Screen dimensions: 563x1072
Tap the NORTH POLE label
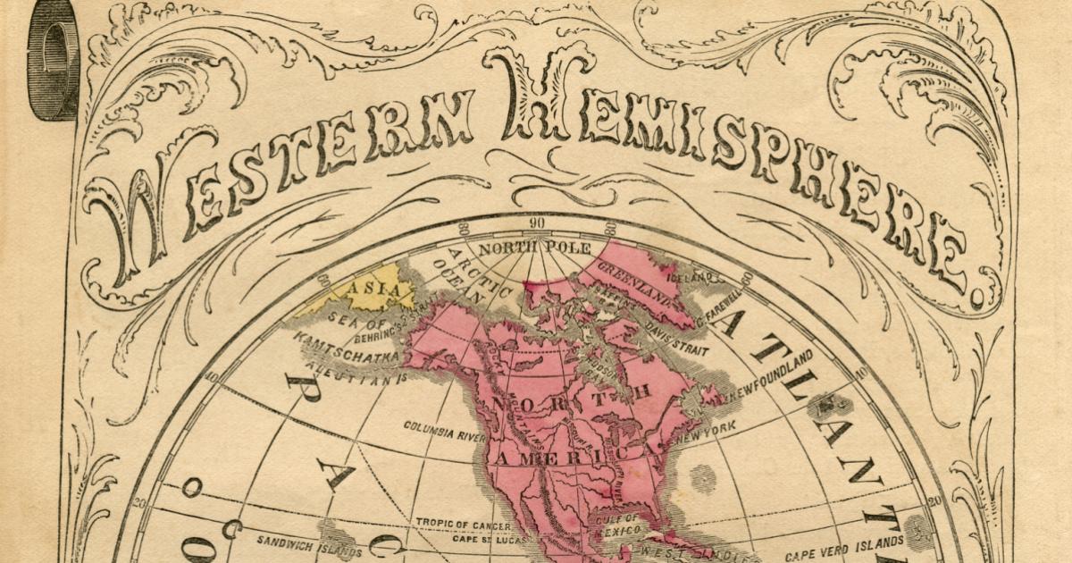pyautogui.click(x=523, y=248)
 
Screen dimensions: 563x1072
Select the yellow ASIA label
pyautogui.click(x=366, y=290)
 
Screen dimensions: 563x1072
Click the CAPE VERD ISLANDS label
pyautogui.click(x=845, y=545)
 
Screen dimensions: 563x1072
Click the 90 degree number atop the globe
pyautogui.click(x=536, y=223)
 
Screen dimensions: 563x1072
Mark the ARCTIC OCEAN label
pyautogui.click(x=465, y=277)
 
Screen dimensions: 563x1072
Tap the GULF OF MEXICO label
pyautogui.click(x=620, y=525)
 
